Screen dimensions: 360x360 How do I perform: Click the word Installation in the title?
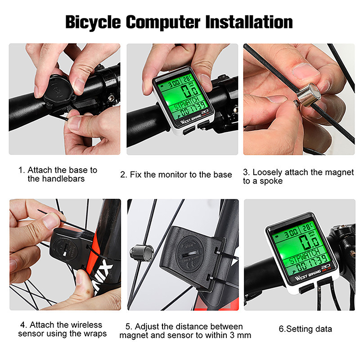click(249, 22)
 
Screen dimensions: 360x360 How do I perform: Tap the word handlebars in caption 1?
click(56, 179)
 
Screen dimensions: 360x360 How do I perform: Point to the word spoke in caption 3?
click(271, 181)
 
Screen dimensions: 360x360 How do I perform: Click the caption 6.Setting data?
click(306, 329)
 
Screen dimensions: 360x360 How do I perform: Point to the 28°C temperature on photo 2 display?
click(187, 79)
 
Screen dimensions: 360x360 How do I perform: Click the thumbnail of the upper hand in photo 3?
click(306, 70)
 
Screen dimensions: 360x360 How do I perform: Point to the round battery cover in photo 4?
click(65, 249)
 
